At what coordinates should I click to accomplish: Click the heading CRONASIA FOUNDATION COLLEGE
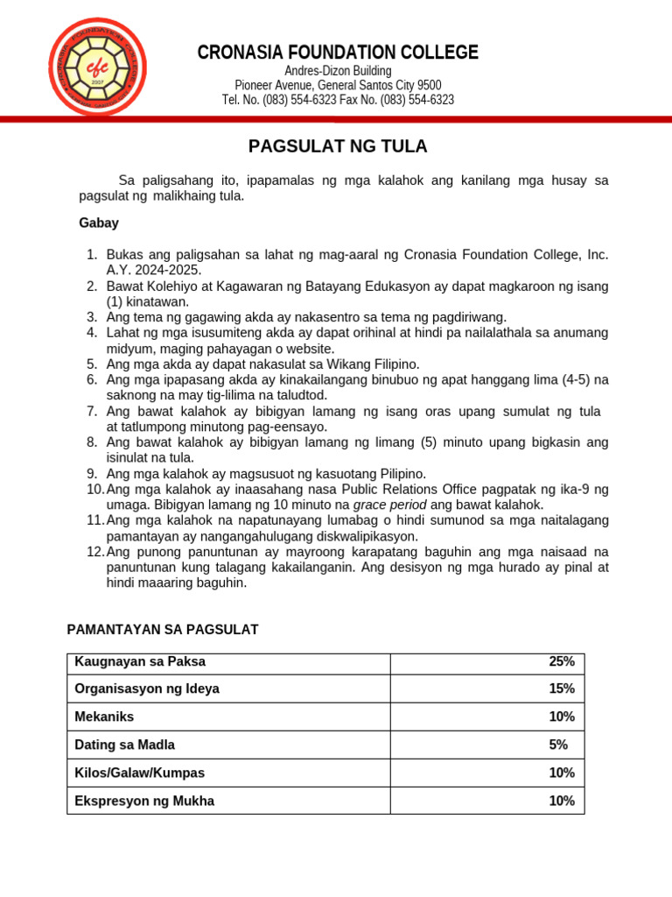[x=338, y=53]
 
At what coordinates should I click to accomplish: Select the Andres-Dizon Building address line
[x=338, y=70]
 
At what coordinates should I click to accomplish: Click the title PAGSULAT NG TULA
[x=338, y=145]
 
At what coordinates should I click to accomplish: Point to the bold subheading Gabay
[x=99, y=223]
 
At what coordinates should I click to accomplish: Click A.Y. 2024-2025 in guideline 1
[x=154, y=270]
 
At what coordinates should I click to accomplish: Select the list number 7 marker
[x=92, y=411]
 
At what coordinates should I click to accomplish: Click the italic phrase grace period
[x=389, y=505]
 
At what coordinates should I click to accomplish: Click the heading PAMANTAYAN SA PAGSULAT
[x=163, y=630]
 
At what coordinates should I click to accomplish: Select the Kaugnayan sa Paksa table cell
[x=140, y=661]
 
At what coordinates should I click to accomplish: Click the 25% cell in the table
[x=561, y=661]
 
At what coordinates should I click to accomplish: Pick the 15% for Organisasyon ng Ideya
[x=561, y=689]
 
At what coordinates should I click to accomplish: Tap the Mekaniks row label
[x=104, y=717]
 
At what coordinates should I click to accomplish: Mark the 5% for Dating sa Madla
[x=558, y=745]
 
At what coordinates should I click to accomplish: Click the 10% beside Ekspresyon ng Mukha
[x=561, y=801]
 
